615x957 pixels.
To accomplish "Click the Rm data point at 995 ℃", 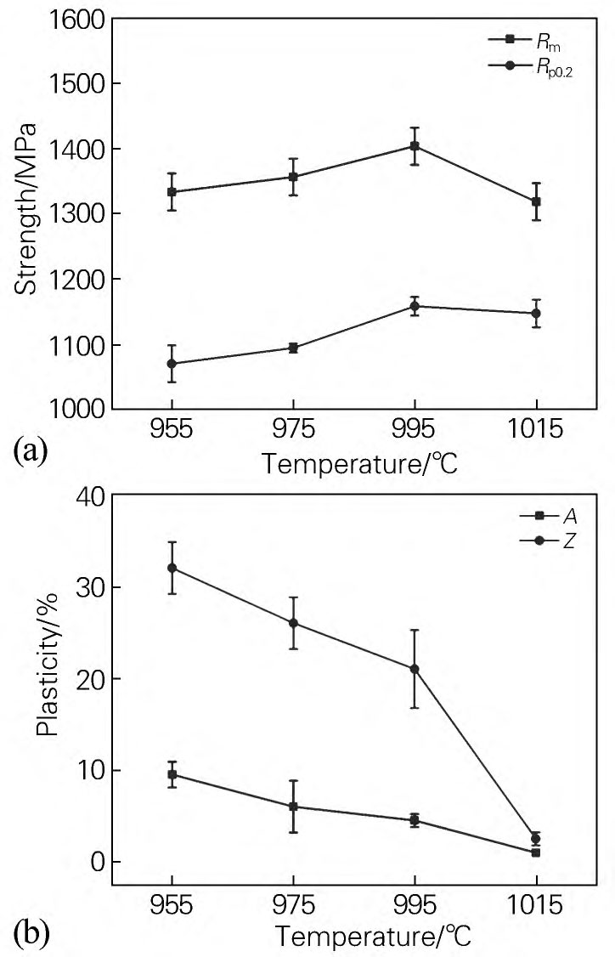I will (415, 146).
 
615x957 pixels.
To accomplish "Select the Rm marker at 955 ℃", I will (172, 192).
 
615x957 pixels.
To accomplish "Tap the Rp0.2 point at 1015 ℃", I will (536, 314).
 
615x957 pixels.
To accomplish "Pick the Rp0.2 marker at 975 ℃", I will (293, 348).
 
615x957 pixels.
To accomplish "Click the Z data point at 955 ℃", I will (172, 568).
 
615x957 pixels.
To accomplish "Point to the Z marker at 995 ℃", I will (415, 669).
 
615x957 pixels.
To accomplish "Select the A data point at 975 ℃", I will (293, 807).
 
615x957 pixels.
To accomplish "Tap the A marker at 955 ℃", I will (172, 774).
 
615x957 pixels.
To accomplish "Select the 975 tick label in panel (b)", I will (293, 905).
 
